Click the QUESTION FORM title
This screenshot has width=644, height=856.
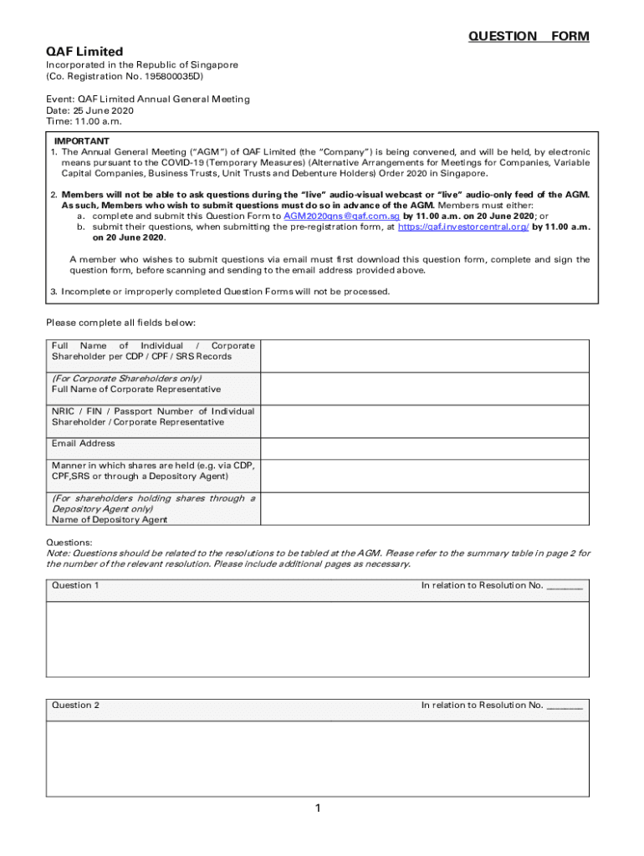click(x=529, y=36)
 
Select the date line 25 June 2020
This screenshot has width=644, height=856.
click(x=89, y=110)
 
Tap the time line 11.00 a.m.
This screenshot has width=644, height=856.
click(x=84, y=121)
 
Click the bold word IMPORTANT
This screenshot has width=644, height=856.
click(x=82, y=140)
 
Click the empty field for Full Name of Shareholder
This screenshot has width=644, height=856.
click(x=425, y=355)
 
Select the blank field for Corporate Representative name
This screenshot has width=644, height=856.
click(x=425, y=388)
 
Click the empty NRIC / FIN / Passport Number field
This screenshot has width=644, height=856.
click(x=425, y=420)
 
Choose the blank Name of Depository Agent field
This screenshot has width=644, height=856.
click(x=425, y=507)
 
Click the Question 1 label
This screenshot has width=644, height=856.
click(x=75, y=585)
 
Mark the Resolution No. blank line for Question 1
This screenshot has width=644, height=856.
click(x=565, y=587)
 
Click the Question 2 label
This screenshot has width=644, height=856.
click(x=75, y=705)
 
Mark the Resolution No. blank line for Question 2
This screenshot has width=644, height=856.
click(x=565, y=706)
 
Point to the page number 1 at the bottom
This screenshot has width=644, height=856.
click(x=319, y=808)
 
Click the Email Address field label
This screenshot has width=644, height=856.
click(x=84, y=443)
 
